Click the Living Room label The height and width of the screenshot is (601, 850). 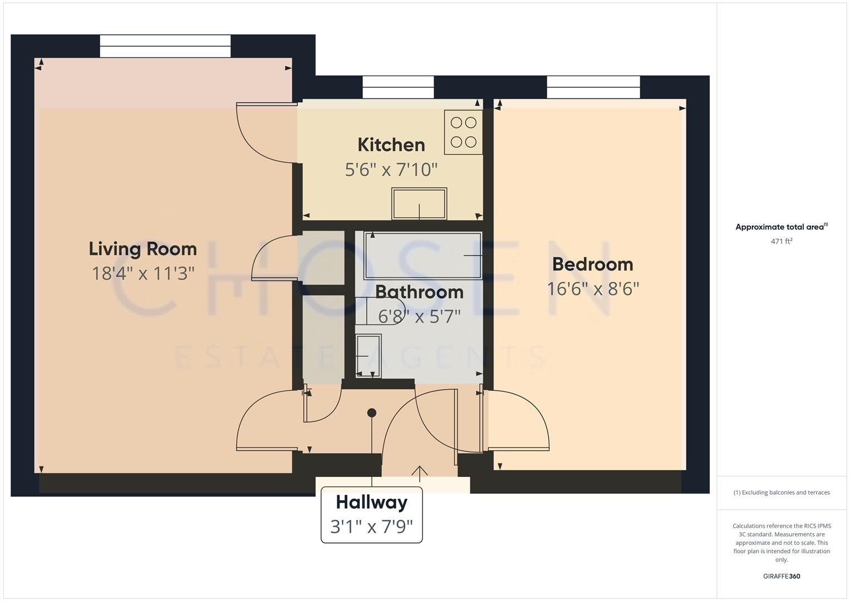[x=143, y=249]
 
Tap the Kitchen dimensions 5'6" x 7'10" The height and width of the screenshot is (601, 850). [x=391, y=169]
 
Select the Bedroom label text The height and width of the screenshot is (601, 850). [x=592, y=264]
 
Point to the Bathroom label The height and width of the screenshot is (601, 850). [x=419, y=292]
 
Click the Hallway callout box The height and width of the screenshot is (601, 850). [x=371, y=514]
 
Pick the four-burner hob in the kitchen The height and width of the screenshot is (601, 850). [x=463, y=132]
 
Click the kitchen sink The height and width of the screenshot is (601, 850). [x=419, y=204]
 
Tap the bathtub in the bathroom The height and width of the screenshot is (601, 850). [x=422, y=255]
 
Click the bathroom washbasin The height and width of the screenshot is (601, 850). [x=368, y=355]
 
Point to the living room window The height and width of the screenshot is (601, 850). [x=165, y=46]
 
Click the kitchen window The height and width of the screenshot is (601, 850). [x=398, y=87]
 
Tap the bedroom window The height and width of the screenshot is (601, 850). [x=593, y=87]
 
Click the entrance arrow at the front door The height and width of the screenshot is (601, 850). [x=419, y=472]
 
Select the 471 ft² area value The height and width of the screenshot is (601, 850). [x=782, y=242]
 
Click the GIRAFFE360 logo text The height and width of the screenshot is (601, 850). [x=782, y=577]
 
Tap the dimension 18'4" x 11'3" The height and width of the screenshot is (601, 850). [x=143, y=274]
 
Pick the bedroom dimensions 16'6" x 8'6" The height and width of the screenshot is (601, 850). [x=593, y=289]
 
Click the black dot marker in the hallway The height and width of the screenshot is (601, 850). [x=372, y=413]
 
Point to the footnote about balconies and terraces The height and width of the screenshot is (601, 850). [x=782, y=492]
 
